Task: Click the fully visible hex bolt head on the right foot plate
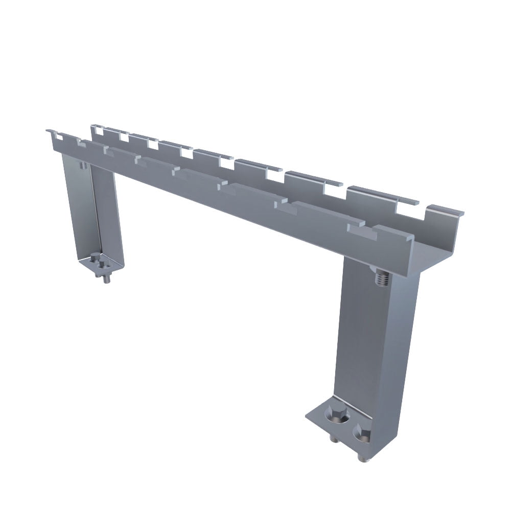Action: [334, 415]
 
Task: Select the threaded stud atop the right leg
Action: [380, 278]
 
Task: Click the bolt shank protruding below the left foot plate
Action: [106, 279]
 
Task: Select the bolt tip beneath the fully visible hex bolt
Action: [334, 439]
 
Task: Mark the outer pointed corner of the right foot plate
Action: [308, 416]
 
